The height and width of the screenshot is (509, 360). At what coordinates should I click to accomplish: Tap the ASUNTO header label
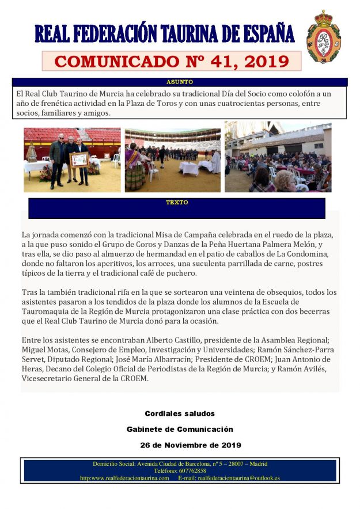[x=179, y=82]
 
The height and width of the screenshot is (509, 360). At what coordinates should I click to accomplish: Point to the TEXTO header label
[x=176, y=203]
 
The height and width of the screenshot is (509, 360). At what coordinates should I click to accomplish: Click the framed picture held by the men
[x=79, y=159]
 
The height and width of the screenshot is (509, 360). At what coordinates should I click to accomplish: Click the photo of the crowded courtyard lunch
[x=278, y=157]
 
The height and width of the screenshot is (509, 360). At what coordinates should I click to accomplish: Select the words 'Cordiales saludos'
[x=179, y=413]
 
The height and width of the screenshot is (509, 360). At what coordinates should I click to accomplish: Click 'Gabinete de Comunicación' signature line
[x=180, y=429]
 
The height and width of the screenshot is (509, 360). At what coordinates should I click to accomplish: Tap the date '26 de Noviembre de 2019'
[x=190, y=445]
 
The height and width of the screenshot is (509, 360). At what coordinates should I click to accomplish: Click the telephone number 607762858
[x=180, y=470]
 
